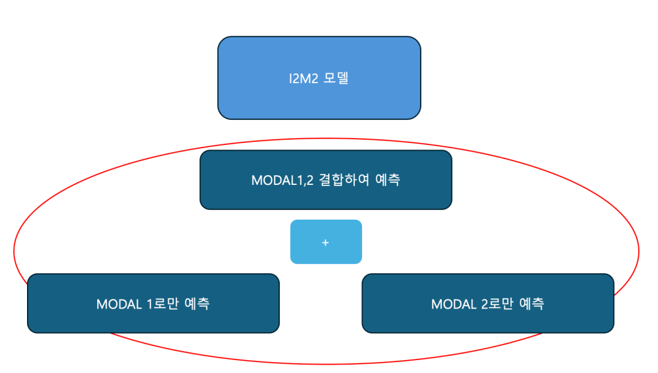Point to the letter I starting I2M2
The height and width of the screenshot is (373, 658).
point(291,80)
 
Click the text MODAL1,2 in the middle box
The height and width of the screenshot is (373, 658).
point(282,180)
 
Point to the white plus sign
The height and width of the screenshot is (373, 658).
point(325,242)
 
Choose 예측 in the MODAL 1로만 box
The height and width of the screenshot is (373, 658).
point(196,304)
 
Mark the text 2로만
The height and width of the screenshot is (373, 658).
point(497,304)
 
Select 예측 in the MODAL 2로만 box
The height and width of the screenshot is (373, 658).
point(531,304)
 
